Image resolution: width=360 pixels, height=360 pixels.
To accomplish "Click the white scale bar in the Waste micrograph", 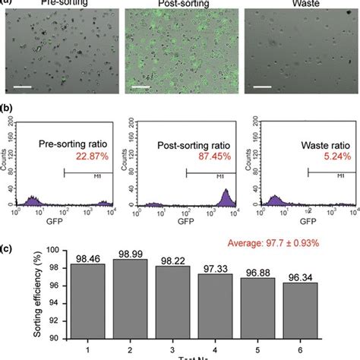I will tap(263, 86).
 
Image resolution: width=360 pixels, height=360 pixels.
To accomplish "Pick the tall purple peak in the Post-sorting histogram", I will tap(226, 197).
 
